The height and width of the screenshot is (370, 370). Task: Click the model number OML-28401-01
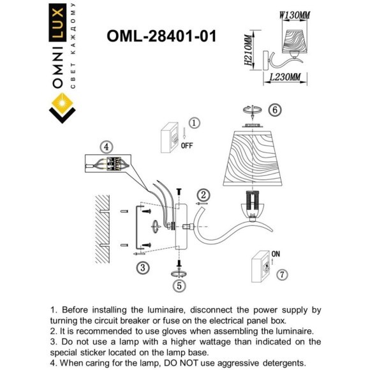[x=162, y=36]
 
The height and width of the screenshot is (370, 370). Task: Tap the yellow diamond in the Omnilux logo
[x=61, y=105]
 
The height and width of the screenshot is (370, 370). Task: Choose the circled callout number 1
[x=195, y=122]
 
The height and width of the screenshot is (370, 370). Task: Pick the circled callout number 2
[x=203, y=195]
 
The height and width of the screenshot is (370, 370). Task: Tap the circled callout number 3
[x=144, y=268]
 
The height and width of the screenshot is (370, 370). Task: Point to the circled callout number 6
[x=274, y=110]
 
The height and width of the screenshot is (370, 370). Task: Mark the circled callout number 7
[x=282, y=274]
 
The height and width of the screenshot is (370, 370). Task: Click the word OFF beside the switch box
[x=187, y=145]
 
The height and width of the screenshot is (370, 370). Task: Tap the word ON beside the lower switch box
[x=276, y=254]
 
